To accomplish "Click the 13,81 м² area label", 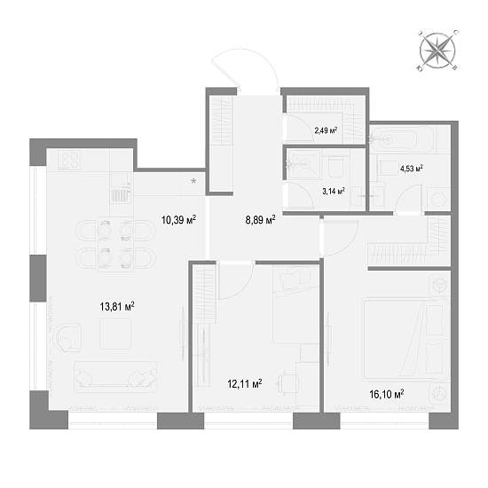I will [117, 306].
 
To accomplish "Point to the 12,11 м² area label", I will [245, 384].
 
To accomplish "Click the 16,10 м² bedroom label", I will [387, 393].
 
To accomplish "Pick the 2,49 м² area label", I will [327, 130].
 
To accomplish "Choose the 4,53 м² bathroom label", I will [408, 168].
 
